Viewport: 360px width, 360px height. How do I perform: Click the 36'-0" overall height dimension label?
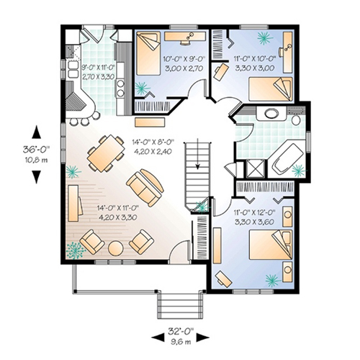click(x=36, y=150)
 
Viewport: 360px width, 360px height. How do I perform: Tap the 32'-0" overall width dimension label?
click(x=181, y=332)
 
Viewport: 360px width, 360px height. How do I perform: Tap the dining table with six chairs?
click(x=106, y=153)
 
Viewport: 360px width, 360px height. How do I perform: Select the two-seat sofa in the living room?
click(x=145, y=188)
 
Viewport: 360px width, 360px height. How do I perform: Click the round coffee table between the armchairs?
click(x=116, y=248)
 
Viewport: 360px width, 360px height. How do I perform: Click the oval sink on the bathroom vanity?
click(x=271, y=113)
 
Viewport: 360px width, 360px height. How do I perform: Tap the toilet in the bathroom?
click(x=297, y=120)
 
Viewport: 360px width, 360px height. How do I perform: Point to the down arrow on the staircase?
click(x=197, y=154)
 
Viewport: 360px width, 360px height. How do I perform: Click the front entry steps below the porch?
click(x=181, y=305)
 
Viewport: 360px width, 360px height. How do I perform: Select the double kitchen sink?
click(x=73, y=69)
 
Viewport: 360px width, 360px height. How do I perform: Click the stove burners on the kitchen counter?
click(x=120, y=88)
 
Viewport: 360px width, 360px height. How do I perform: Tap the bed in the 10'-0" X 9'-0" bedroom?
click(x=148, y=53)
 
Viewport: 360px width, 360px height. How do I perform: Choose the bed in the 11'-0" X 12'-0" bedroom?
click(x=271, y=245)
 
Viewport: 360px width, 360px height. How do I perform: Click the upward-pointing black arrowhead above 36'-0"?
click(x=36, y=132)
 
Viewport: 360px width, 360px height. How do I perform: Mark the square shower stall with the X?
click(x=255, y=168)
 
